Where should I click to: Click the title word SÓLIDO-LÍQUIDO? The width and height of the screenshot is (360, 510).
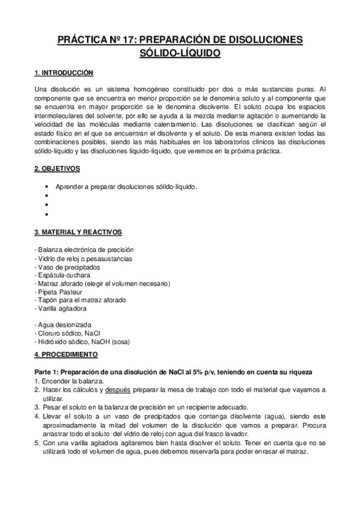click(x=180, y=54)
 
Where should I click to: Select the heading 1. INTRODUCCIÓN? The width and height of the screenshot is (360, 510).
click(x=64, y=73)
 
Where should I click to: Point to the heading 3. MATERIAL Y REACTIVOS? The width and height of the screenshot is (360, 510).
click(x=78, y=232)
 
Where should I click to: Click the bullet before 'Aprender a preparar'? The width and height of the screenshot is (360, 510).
click(x=46, y=186)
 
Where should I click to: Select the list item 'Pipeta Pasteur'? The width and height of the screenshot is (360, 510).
click(x=63, y=292)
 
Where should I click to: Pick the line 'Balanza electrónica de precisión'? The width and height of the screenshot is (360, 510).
click(x=84, y=250)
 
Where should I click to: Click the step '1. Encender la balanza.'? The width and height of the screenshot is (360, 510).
click(x=69, y=381)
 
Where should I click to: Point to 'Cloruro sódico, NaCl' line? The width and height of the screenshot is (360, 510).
click(x=67, y=333)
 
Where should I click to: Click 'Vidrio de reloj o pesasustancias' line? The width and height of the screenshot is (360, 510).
click(x=84, y=258)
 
